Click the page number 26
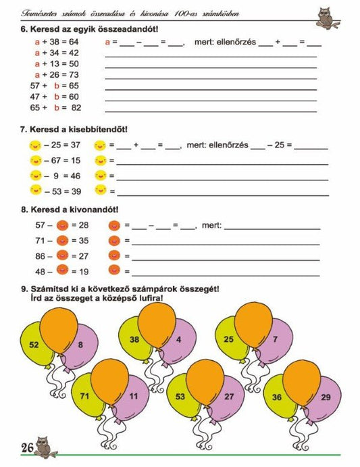(x=27, y=447)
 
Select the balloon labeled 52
(x=34, y=344)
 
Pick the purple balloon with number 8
(x=82, y=345)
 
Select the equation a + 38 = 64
(x=56, y=41)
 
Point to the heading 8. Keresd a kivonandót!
(x=70, y=210)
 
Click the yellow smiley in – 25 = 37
(x=35, y=145)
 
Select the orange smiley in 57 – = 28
(x=62, y=224)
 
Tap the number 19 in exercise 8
(x=84, y=272)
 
